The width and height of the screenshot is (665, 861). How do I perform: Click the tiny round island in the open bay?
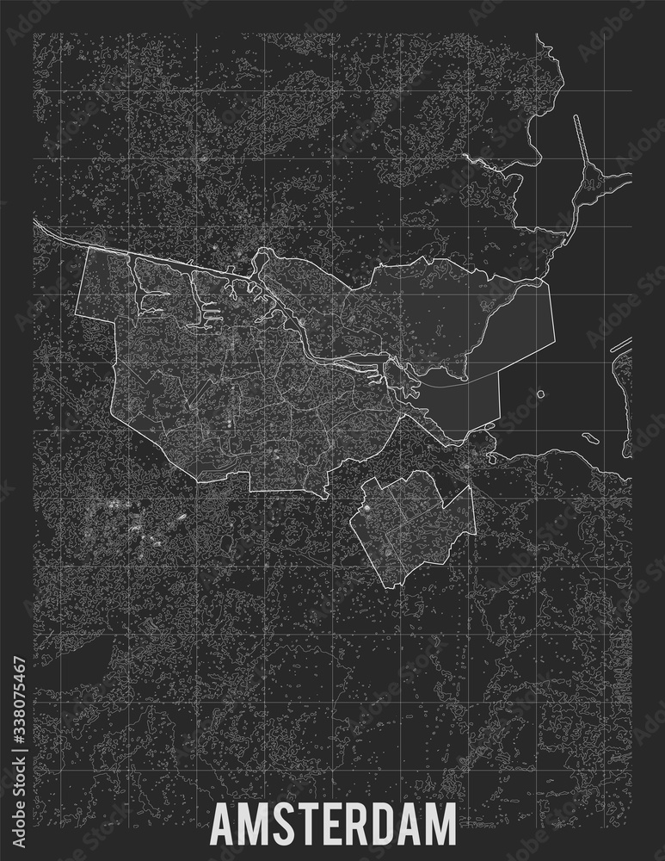pos(540,395)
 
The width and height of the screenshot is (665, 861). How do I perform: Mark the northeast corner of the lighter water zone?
pos(549,284)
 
